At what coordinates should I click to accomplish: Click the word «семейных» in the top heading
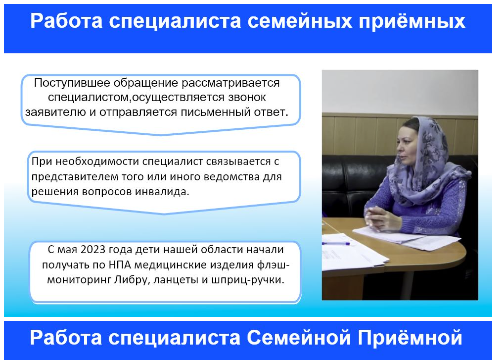pyautogui.click(x=299, y=21)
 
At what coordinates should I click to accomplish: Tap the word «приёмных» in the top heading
pyautogui.click(x=412, y=22)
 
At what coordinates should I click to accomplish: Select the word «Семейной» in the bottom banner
pyautogui.click(x=299, y=337)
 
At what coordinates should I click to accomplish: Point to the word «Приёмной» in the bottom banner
pyautogui.click(x=410, y=337)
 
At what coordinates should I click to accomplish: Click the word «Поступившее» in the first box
pyautogui.click(x=72, y=83)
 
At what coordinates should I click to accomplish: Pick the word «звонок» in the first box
pyautogui.click(x=247, y=97)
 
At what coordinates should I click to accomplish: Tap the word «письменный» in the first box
pyautogui.click(x=215, y=112)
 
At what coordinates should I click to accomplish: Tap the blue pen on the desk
pyautogui.click(x=336, y=244)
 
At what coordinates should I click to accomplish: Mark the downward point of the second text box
pyautogui.click(x=163, y=214)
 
